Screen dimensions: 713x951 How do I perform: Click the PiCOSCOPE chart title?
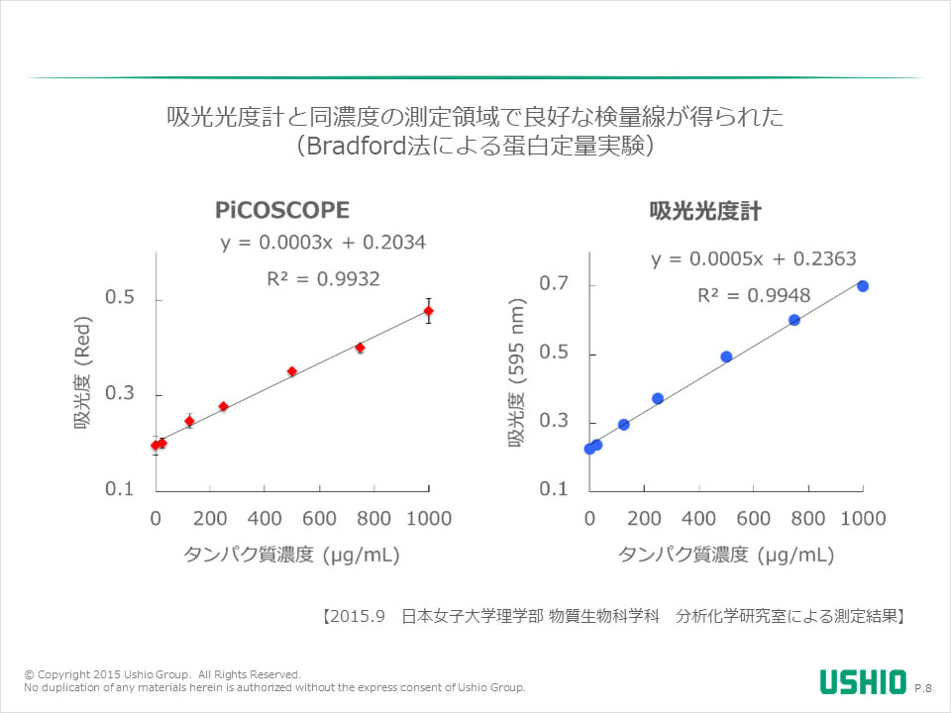[282, 210]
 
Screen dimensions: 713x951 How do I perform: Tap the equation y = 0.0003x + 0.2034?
[323, 243]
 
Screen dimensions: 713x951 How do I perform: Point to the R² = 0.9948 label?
[754, 295]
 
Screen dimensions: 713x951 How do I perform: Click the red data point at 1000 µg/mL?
[428, 311]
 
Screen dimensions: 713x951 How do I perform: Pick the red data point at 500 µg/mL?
[292, 371]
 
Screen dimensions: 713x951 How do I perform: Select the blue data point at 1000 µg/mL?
[863, 286]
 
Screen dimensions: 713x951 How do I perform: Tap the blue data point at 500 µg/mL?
[726, 356]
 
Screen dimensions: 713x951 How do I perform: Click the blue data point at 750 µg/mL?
[794, 320]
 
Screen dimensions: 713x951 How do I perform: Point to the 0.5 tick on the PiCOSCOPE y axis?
[120, 299]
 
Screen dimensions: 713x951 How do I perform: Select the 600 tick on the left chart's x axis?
[320, 518]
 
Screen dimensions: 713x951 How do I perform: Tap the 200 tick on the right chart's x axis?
[644, 518]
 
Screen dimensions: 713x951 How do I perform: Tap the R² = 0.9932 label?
[323, 279]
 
